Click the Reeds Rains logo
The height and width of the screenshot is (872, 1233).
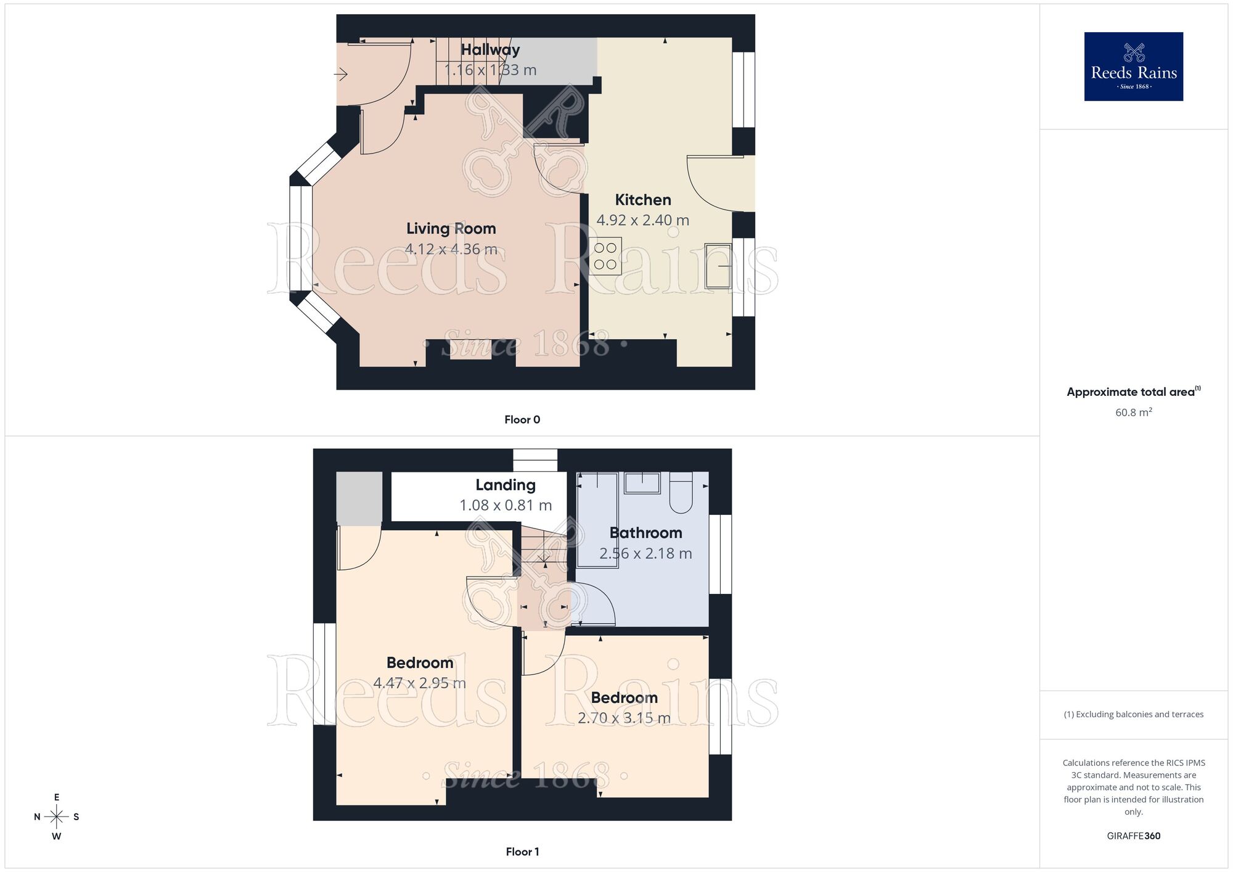(1133, 67)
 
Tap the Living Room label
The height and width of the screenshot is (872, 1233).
(451, 229)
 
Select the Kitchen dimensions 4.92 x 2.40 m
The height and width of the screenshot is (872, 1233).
(642, 220)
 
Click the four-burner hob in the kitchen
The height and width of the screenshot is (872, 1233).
(605, 256)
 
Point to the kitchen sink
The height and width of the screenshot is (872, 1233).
(718, 266)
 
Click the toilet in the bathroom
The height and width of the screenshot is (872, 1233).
(681, 493)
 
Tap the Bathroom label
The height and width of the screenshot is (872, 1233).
(645, 533)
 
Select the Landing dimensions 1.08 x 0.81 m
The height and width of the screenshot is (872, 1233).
(505, 506)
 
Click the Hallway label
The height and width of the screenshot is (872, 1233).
(490, 49)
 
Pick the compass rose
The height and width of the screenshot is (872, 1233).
(57, 817)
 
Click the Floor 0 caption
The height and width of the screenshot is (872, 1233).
(522, 420)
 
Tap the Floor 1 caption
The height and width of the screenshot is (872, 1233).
(522, 852)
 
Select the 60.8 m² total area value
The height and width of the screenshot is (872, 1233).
(1133, 413)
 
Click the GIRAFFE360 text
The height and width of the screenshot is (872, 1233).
(1133, 836)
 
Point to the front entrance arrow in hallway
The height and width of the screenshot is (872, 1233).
(341, 75)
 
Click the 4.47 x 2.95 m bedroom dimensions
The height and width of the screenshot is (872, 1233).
(419, 683)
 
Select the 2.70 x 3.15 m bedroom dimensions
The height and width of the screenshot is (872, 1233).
(624, 718)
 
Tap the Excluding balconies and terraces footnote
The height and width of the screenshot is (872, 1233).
(1133, 715)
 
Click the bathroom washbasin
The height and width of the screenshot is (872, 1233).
(642, 483)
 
